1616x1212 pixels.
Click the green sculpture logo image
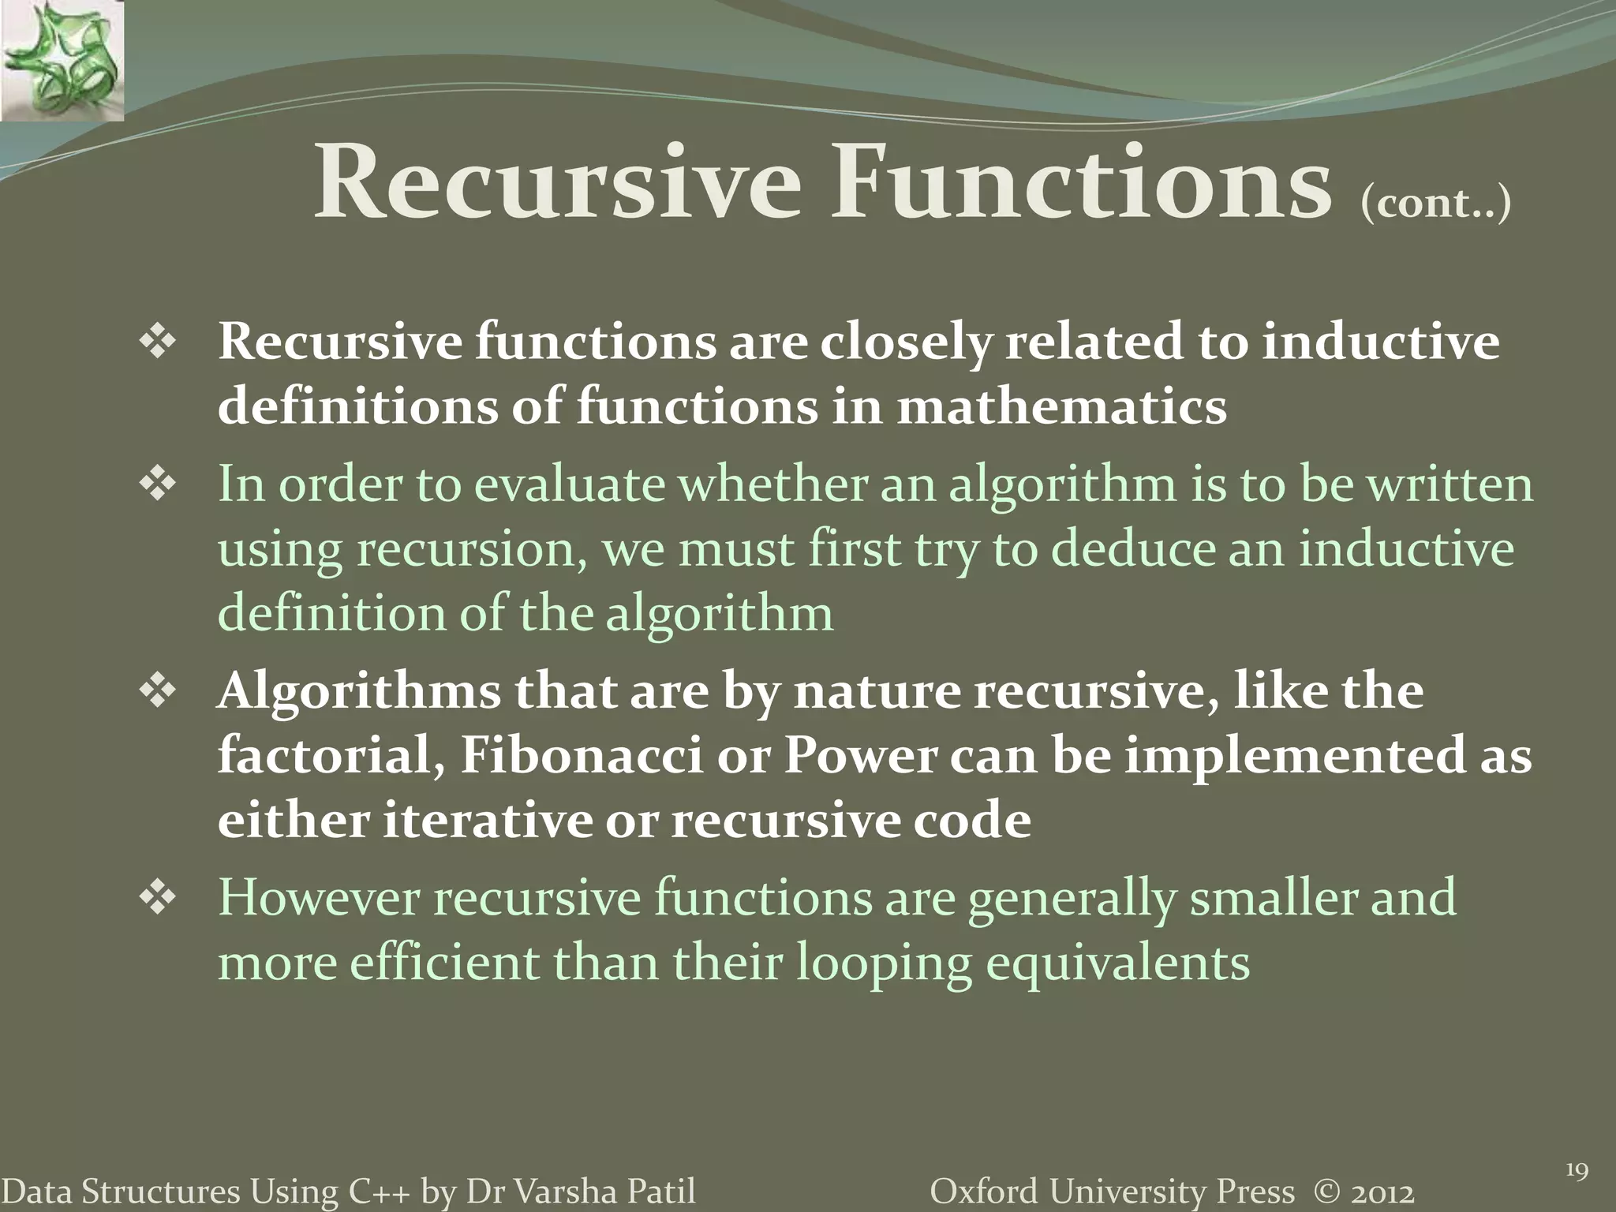pos(62,60)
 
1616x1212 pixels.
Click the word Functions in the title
pos(1079,183)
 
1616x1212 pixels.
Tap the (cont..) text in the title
pos(1435,203)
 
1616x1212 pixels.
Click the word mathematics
pos(1061,407)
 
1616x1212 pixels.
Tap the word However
pos(320,898)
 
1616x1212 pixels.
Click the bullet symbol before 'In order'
pos(157,484)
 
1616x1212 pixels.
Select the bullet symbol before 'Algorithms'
pos(157,692)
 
